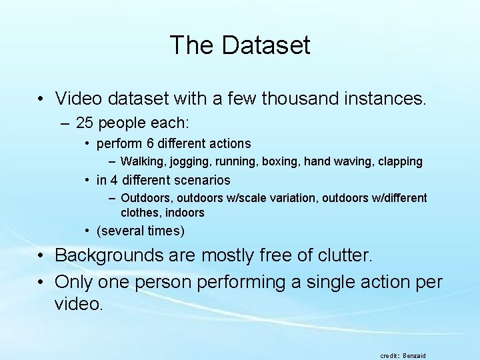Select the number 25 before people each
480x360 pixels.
[85, 123]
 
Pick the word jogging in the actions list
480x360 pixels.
[187, 161]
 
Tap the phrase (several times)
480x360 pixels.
[141, 231]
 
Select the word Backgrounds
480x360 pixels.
[109, 255]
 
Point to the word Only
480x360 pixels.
[74, 282]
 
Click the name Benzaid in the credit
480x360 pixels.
[414, 356]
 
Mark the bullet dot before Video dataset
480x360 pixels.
[41, 100]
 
